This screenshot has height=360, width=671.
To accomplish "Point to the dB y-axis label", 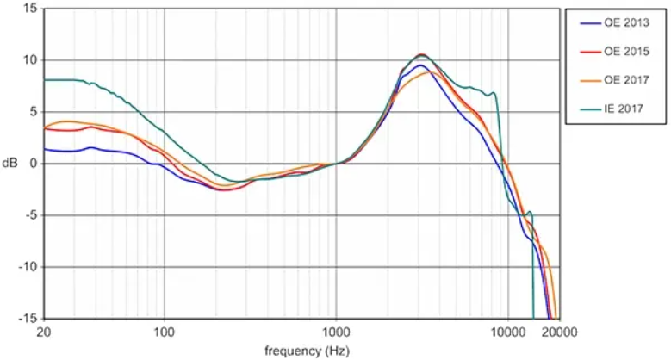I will coord(10,164).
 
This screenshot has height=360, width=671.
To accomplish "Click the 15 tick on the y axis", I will coord(30,9).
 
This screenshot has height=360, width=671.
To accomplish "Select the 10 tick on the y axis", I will coord(30,60).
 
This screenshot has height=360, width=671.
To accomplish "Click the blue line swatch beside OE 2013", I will coord(586,24).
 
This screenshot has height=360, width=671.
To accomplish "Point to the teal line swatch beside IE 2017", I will coord(586,109).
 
